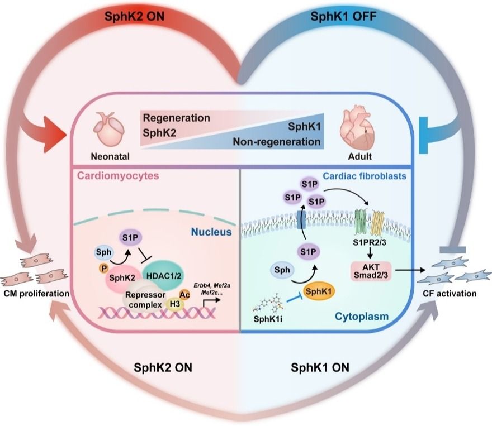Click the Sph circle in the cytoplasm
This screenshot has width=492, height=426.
point(282,271)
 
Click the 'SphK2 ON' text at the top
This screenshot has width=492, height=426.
point(134,16)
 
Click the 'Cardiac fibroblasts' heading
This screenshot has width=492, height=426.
point(366,176)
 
